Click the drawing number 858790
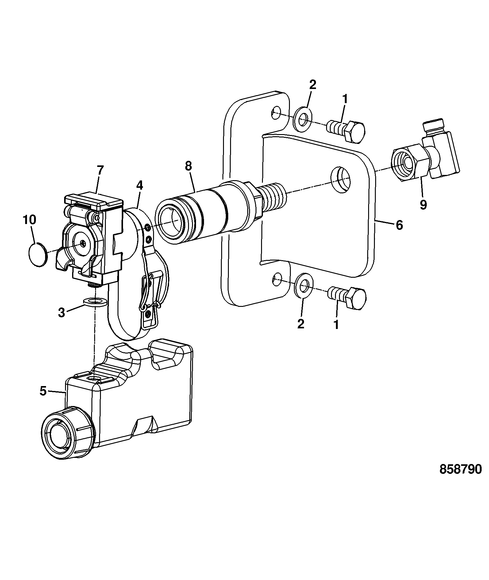coord(461,478)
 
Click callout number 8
coord(188,166)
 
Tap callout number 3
coord(62,313)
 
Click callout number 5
coord(43,391)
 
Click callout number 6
coord(399,225)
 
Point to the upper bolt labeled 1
coord(346,131)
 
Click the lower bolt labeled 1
coord(347,297)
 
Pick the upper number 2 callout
coord(313,85)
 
